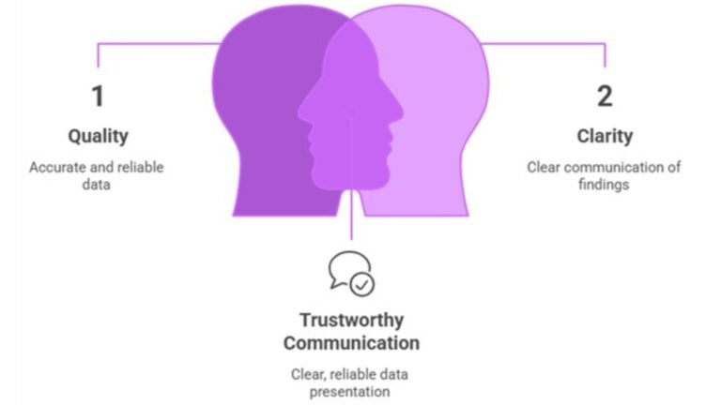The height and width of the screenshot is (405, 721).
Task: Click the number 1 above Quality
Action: pyautogui.click(x=98, y=96)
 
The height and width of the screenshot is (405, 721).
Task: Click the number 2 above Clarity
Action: pyautogui.click(x=605, y=96)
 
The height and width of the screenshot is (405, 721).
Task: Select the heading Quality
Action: pyautogui.click(x=98, y=136)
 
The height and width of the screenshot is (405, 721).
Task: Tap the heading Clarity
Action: pyautogui.click(x=605, y=136)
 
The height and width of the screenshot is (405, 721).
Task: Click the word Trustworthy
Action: pyautogui.click(x=352, y=321)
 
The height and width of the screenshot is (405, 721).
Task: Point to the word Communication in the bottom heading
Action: pyautogui.click(x=351, y=343)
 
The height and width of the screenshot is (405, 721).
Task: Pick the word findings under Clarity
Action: pyautogui.click(x=604, y=185)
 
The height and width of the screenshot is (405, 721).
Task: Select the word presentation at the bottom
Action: pyautogui.click(x=349, y=392)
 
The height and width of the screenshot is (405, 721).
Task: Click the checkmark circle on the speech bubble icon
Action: pyautogui.click(x=362, y=285)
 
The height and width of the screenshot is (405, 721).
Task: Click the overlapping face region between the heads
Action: pyautogui.click(x=350, y=114)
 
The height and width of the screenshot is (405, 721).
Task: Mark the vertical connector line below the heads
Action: pyautogui.click(x=351, y=216)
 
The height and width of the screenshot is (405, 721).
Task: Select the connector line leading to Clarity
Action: pyautogui.click(x=543, y=44)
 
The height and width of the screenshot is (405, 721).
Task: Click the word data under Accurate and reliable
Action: pyautogui.click(x=96, y=185)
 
